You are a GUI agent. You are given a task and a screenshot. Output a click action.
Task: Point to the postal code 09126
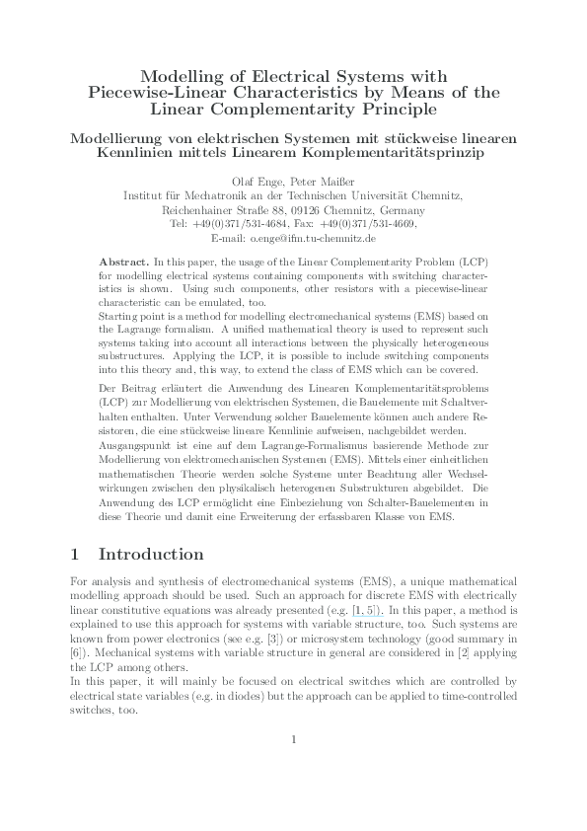pos(298,210)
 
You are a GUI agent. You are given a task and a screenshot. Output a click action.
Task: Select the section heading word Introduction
pos(151,555)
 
